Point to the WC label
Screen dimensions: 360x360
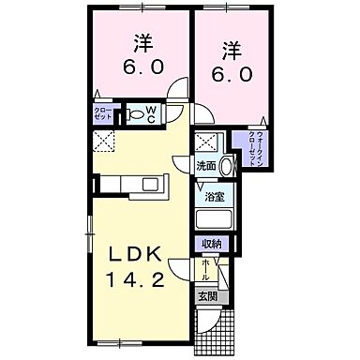[153, 113]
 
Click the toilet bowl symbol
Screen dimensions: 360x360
[138, 114]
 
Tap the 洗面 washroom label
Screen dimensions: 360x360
[206, 166]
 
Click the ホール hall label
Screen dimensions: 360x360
[205, 271]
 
